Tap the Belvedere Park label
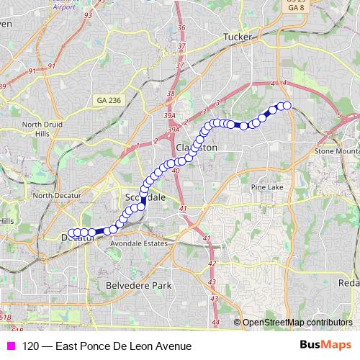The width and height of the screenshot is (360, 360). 139,285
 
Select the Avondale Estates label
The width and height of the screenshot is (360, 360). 138,243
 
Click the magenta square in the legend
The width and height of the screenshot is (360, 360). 10,346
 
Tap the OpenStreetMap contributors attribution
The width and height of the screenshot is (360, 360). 296,323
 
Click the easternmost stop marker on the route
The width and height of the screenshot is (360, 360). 287,106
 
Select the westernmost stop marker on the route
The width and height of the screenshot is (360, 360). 70,233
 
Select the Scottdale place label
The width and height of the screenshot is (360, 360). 145,197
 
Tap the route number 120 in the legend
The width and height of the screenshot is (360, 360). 30,346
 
